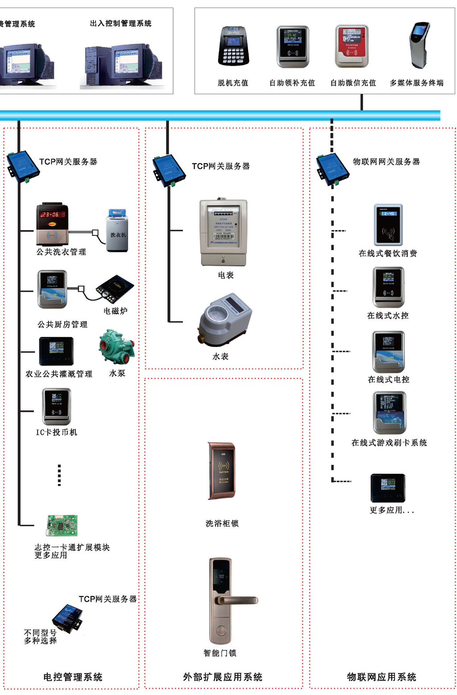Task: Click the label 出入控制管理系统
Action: (x=120, y=23)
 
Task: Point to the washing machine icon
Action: (x=117, y=230)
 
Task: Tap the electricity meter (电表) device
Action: (x=224, y=232)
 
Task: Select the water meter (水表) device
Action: (x=224, y=319)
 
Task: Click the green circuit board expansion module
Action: (x=62, y=525)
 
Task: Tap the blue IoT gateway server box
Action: (x=332, y=169)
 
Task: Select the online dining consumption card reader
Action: (x=388, y=225)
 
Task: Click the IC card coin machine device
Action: (x=57, y=406)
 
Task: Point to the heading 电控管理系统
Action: (x=73, y=677)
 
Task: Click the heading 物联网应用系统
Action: (x=382, y=677)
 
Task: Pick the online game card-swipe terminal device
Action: (x=390, y=413)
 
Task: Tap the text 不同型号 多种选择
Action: (x=40, y=636)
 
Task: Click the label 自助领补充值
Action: (x=292, y=83)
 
